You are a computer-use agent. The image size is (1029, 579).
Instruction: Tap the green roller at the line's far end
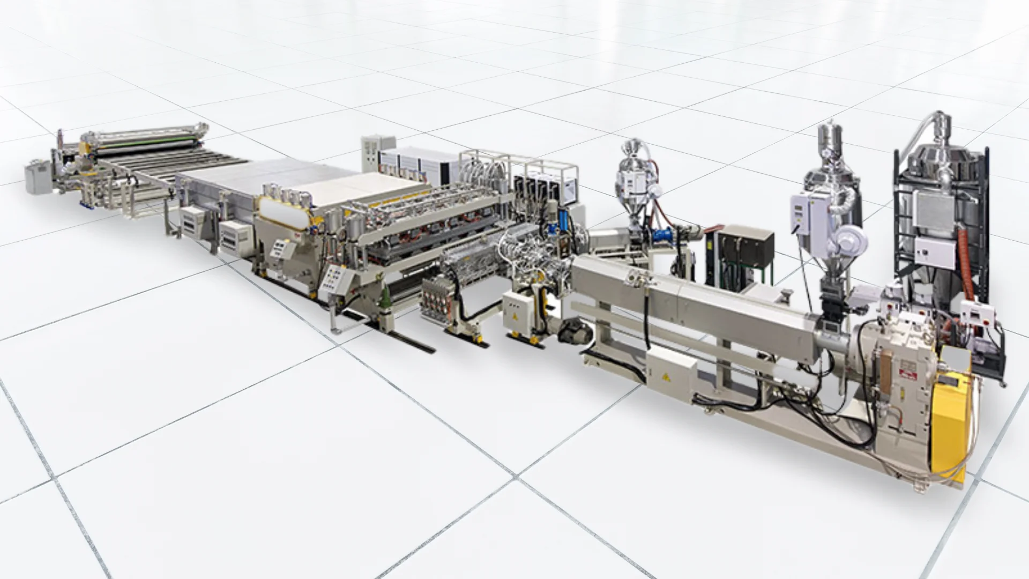coord(145,145)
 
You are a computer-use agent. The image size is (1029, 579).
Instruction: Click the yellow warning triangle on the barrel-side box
coord(666,376)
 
